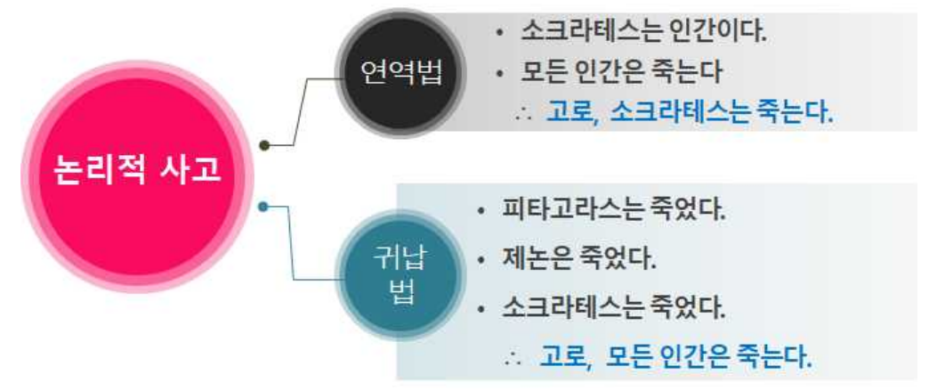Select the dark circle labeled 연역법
click(401, 73)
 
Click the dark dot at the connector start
click(264, 144)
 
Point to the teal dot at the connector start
click(263, 208)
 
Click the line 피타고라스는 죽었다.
click(613, 213)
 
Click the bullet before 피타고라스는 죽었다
click(481, 214)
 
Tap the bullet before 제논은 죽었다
click(481, 262)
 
